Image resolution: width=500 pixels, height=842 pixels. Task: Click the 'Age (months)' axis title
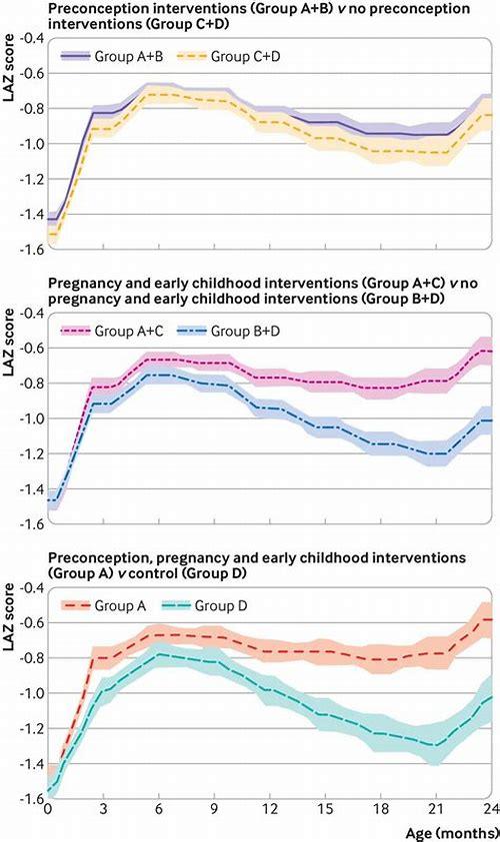pos(450,831)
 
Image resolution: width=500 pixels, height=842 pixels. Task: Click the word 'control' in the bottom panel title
pos(172,575)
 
